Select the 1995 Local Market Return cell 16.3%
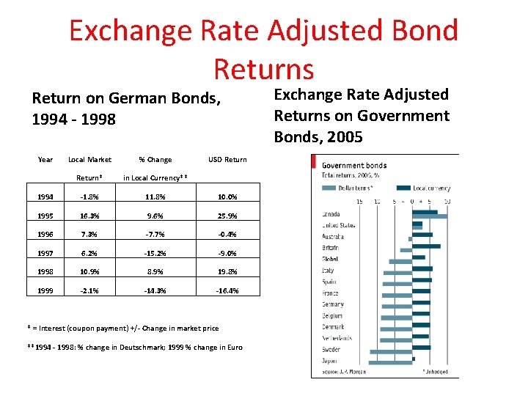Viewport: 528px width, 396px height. coord(89,216)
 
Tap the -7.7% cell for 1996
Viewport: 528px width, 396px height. coord(156,235)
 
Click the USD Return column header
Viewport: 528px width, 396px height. coord(227,159)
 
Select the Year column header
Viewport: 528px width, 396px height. coord(45,159)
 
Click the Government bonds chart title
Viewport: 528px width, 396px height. coord(354,165)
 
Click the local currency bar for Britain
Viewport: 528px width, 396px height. coord(426,246)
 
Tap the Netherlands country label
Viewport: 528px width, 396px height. coord(337,338)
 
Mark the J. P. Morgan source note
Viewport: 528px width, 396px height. coord(345,372)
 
